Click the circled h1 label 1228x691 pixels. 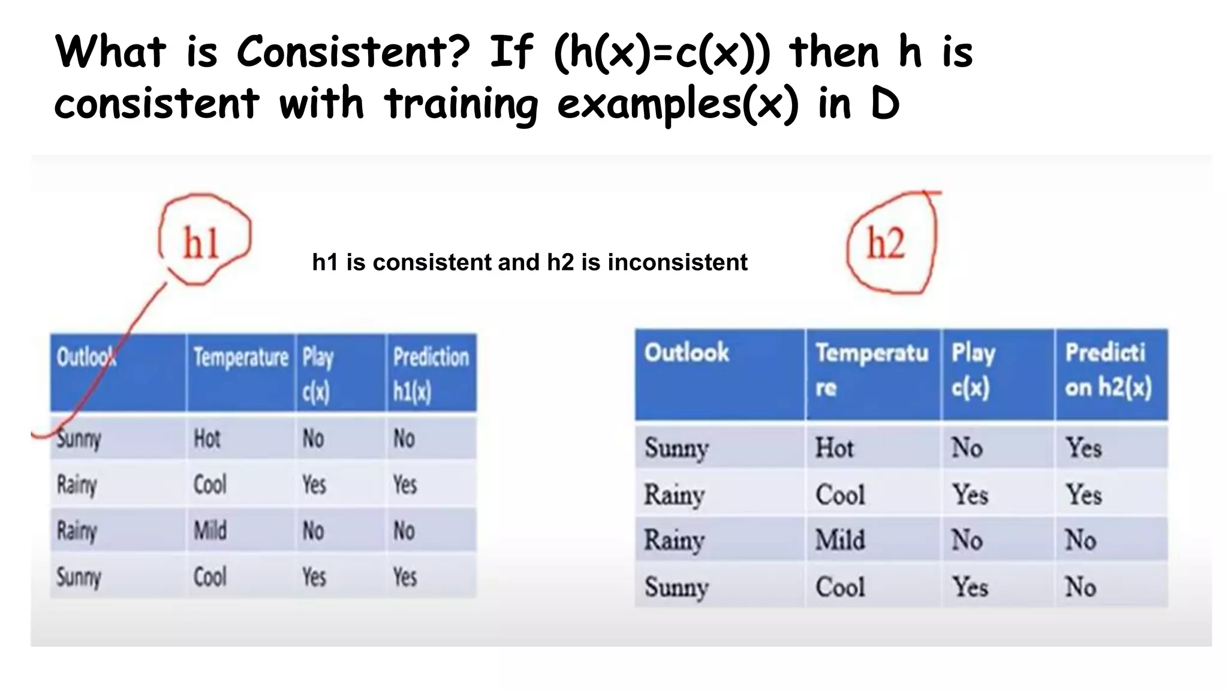201,243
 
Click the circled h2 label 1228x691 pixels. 886,244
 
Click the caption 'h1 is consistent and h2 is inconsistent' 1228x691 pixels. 529,262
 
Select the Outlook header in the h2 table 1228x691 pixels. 687,352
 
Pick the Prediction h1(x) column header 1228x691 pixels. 431,374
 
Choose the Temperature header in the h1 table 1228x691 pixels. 240,357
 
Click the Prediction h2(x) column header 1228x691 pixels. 1108,369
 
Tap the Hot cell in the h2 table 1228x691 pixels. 834,448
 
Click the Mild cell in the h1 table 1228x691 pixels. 210,531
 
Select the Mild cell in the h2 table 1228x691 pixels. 839,540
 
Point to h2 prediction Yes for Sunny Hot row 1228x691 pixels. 1083,448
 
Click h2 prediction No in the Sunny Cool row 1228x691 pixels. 1080,587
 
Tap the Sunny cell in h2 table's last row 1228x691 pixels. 676,587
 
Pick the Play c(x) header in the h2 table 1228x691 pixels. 973,369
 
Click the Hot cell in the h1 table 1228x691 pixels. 207,439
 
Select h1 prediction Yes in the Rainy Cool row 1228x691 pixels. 405,485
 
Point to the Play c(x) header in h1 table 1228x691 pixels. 317,374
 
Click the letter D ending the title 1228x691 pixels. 884,104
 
